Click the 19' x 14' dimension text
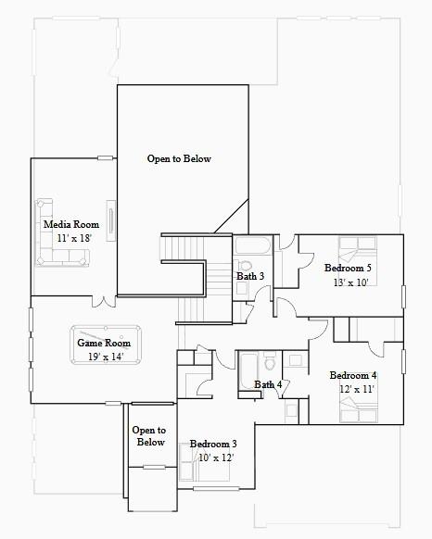(104, 356)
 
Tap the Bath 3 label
(250, 276)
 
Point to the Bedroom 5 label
(349, 269)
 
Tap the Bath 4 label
(268, 384)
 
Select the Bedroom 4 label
(353, 375)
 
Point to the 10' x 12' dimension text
(215, 458)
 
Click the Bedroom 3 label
(213, 445)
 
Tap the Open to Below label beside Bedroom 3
(149, 436)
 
